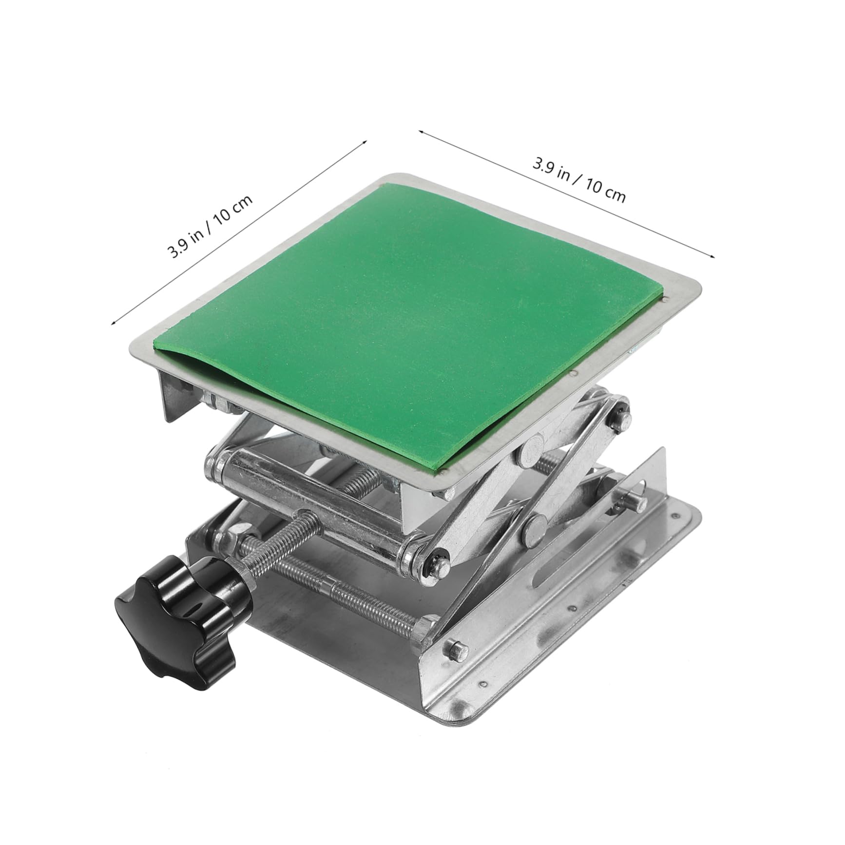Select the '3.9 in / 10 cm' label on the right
[579, 179]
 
